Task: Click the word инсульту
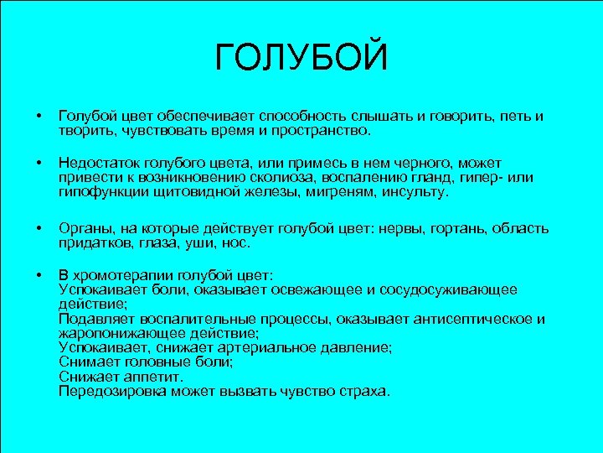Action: [415, 192]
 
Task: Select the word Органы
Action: [82, 228]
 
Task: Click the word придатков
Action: [91, 243]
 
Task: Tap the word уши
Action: [203, 243]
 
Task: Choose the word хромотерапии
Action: [122, 274]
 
